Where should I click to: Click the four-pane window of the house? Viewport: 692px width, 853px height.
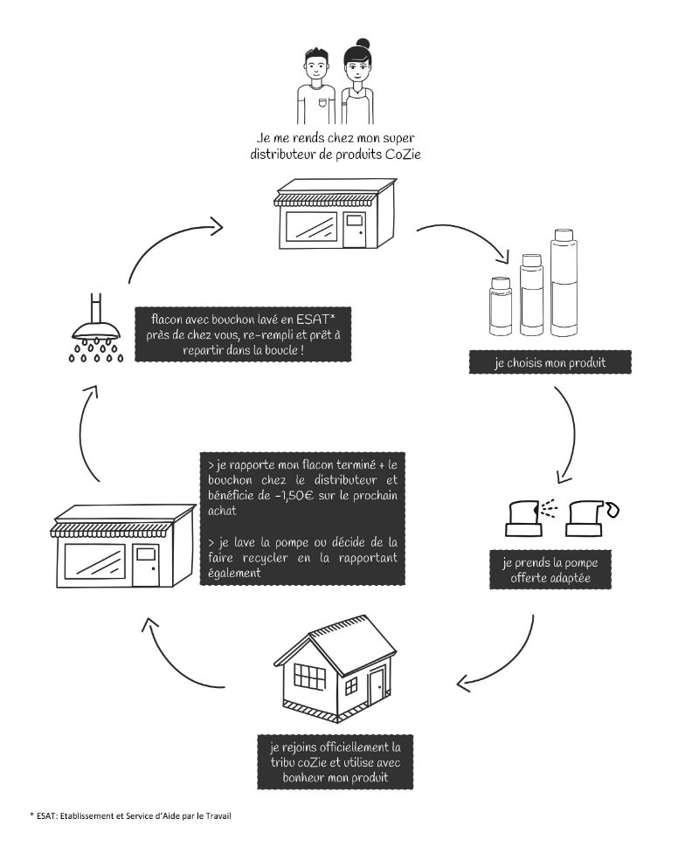309,678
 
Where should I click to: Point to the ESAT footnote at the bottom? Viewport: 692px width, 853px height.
130,815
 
